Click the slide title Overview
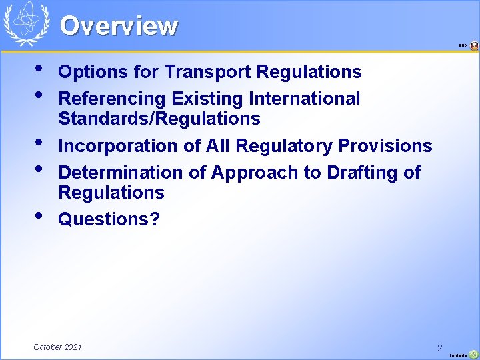(119, 26)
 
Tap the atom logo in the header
(27, 24)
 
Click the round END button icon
(474, 46)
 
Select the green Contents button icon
(473, 355)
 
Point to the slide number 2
(439, 348)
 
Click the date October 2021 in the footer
(58, 347)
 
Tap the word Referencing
(112, 99)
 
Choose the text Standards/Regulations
(159, 119)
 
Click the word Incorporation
(117, 145)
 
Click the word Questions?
(109, 219)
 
